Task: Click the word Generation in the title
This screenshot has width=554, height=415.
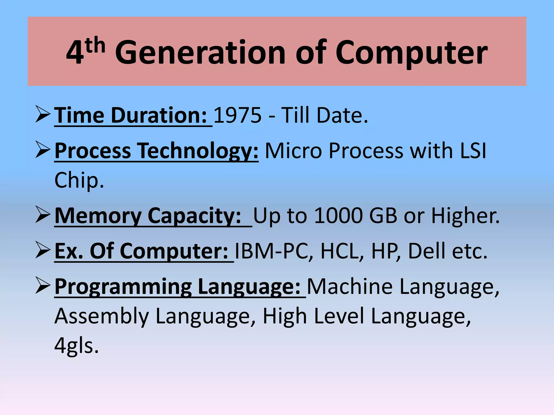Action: [200, 53]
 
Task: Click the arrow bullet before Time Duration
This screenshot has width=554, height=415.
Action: [43, 114]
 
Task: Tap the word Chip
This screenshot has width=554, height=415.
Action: [79, 180]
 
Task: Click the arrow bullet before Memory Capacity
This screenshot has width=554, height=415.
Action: [43, 215]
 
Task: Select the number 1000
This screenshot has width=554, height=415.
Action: [338, 216]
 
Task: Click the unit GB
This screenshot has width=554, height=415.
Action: [383, 216]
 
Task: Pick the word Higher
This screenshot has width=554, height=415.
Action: [465, 216]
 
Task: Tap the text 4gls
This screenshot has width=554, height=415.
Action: [76, 346]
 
